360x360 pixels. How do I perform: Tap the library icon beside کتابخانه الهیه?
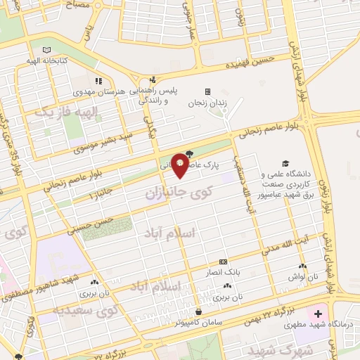coord(46,51)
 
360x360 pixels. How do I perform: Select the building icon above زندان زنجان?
coord(207,91)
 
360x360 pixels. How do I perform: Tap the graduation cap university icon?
coord(285,163)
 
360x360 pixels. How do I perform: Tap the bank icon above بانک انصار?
coord(223,261)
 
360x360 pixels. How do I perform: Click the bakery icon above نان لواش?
coord(302,266)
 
